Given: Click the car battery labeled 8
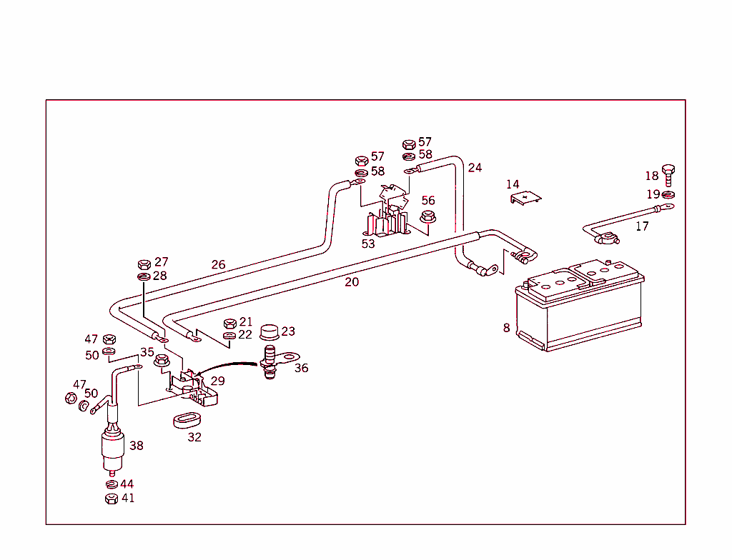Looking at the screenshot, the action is coord(580,305).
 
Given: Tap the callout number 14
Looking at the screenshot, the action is coord(513,184).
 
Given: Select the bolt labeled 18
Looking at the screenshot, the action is coord(668,175).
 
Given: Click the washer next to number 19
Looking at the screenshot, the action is coord(668,194).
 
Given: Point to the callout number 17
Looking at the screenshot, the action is coord(643,226).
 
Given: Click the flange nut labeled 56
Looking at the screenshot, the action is coord(427,217).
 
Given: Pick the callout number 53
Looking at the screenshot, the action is coord(368,244).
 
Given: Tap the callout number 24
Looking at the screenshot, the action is coord(475,168).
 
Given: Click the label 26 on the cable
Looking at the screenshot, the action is coord(219,264).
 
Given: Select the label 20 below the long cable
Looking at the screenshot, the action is coord(352,282).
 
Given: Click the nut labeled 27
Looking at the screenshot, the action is coord(144,264).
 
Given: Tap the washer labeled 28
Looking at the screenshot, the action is coord(144,277).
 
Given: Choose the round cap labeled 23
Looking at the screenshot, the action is coord(269,332).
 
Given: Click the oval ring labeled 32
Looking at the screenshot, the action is coord(187,419).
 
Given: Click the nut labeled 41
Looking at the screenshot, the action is coord(112,499).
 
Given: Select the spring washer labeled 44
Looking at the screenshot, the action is coord(112,484).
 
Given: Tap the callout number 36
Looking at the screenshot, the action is coord(302,368).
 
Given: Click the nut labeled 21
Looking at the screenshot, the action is coord(230,324).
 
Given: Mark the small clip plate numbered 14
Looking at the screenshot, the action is coord(525,198).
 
